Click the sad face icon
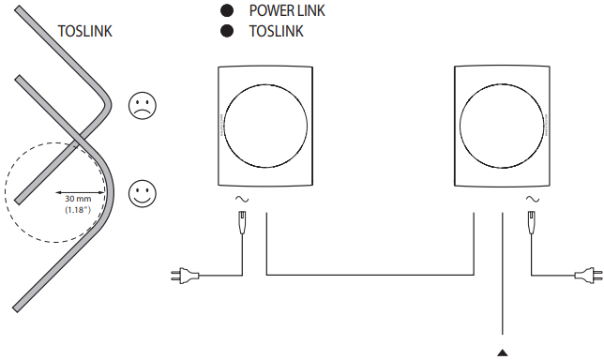(x=142, y=105)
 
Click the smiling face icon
(x=142, y=194)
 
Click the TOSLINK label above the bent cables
(x=85, y=30)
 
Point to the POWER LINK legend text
(x=287, y=11)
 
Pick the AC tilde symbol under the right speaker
(x=532, y=199)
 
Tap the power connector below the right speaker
(x=532, y=223)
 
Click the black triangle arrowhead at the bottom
(x=504, y=352)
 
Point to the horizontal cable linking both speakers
(x=370, y=275)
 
